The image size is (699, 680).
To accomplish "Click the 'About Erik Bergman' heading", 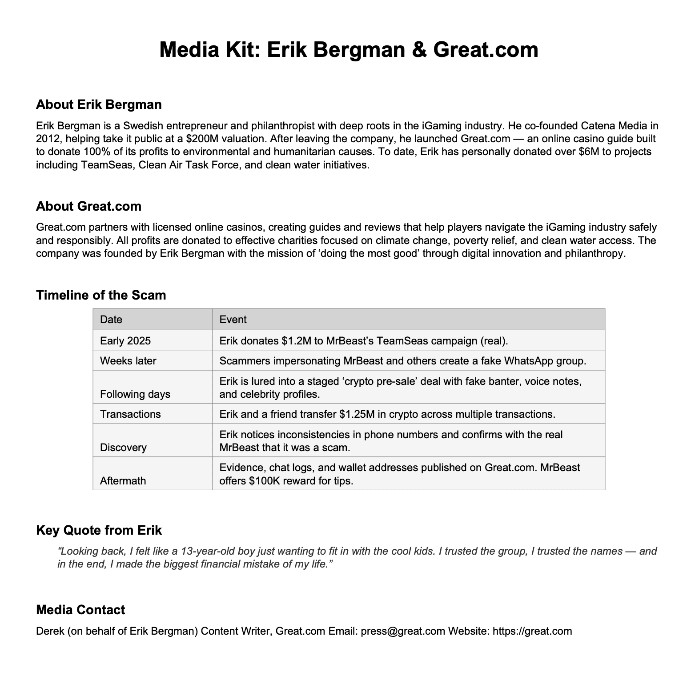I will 99,105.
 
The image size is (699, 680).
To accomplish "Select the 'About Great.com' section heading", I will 88,206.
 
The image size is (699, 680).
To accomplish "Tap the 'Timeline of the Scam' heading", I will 101,295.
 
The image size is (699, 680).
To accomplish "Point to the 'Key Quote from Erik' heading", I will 99,530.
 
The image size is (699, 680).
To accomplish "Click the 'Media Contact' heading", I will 80,610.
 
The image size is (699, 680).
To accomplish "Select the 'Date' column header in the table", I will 111,320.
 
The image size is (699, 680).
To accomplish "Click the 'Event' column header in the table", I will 233,320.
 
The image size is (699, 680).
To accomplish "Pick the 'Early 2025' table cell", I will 125,341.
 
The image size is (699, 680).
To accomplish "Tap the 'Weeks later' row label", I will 128,361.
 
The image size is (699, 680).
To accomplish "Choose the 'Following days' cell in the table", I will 135,394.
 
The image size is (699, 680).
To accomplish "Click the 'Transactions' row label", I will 130,414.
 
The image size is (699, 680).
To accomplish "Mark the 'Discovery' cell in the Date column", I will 123,448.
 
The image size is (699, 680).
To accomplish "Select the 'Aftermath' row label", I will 123,481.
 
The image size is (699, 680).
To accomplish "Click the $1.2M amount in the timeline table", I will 296,341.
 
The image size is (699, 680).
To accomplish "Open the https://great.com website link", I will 532,631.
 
